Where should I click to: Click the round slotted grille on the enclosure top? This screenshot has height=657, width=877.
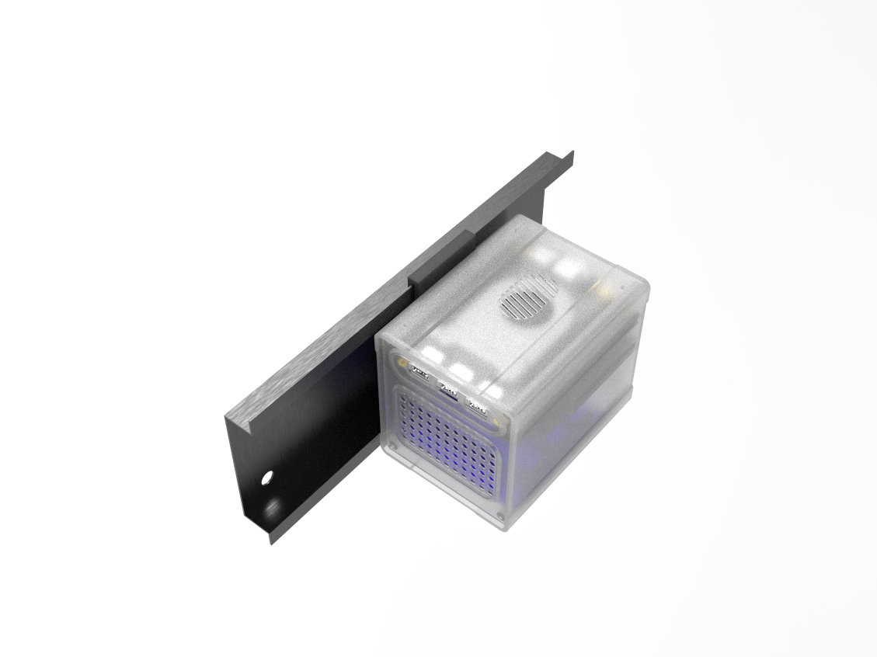click(x=529, y=298)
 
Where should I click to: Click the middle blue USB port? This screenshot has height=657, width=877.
click(x=447, y=388)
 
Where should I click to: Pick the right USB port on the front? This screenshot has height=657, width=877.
click(x=475, y=406)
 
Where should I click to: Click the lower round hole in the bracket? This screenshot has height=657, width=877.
click(x=273, y=509)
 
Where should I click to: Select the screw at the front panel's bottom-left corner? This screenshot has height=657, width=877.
click(x=392, y=447)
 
